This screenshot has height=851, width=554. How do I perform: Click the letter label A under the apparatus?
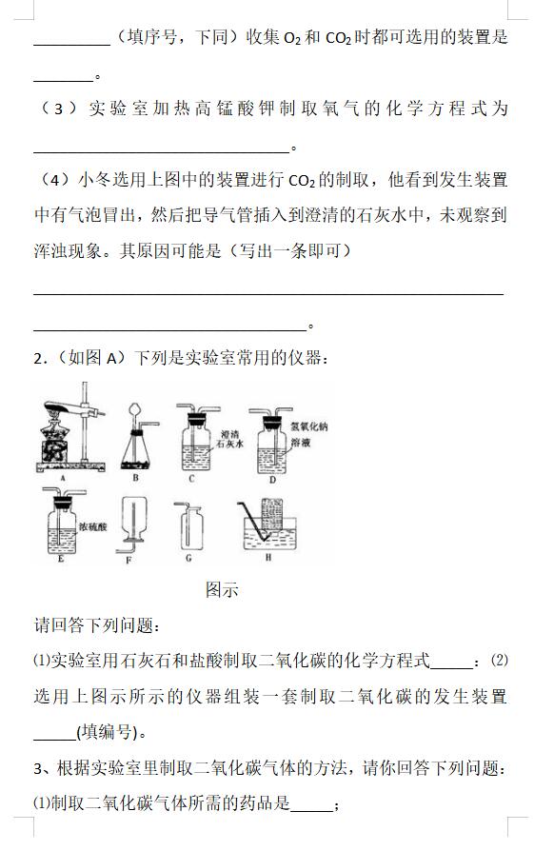point(63,478)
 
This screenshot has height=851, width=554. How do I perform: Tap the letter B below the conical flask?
point(135,478)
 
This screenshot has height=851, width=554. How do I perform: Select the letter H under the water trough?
point(268,557)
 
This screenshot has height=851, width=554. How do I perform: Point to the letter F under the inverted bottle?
point(129,560)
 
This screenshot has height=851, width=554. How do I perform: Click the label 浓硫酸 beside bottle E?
point(92,526)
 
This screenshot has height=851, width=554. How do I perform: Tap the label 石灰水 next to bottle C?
point(230,444)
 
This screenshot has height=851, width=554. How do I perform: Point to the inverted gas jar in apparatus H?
point(272,514)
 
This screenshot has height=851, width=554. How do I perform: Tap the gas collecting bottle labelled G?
point(190,528)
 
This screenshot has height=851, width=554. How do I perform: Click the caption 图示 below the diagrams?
point(222,590)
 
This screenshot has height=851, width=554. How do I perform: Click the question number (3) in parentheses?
point(59,109)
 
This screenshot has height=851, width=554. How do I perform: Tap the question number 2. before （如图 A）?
point(38,359)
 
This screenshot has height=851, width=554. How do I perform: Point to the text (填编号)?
point(107,732)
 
